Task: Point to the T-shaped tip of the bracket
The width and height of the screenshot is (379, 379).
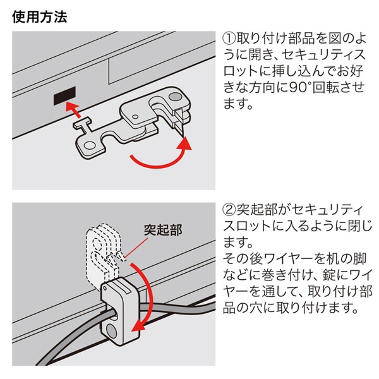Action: coord(83,124)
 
